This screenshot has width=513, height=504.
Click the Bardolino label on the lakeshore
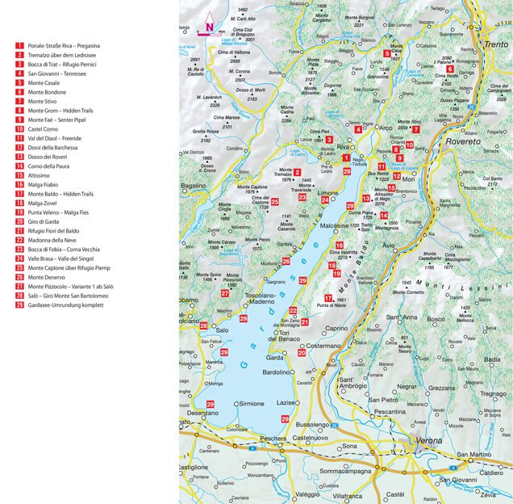pos(277,372)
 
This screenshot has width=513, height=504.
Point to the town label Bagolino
pos(194,186)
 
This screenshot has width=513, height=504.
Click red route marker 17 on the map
pos(328,298)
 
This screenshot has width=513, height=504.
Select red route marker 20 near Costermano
pos(302,352)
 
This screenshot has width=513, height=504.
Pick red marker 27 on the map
pos(225,292)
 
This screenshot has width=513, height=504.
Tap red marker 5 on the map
pos(387,54)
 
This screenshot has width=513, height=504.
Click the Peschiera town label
pos(274,438)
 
